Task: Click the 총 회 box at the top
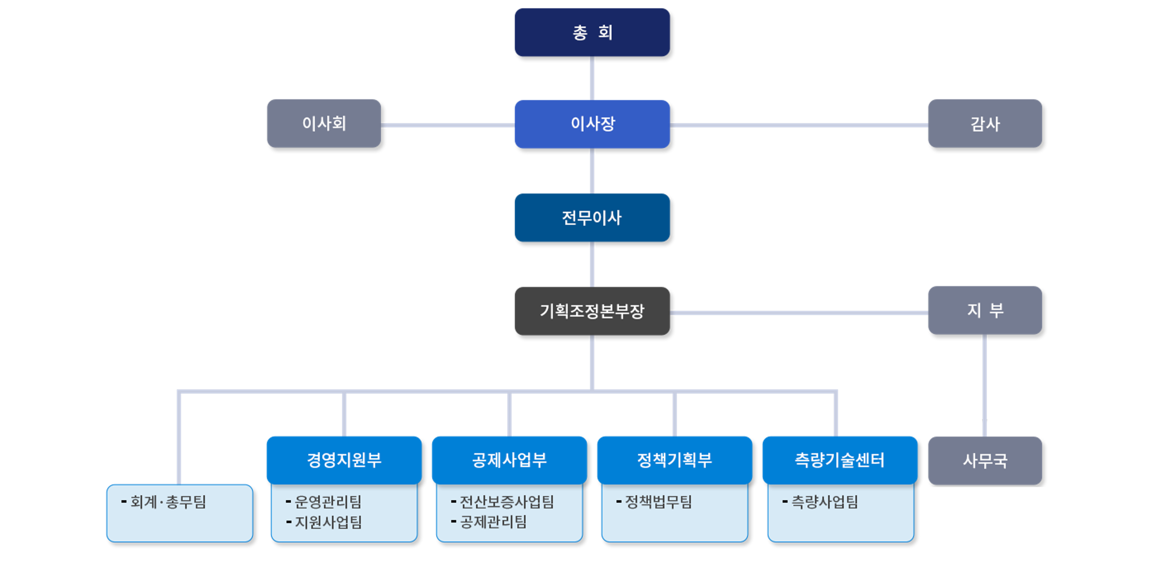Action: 592,32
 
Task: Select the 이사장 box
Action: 592,124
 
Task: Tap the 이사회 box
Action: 324,124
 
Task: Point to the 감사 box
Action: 985,124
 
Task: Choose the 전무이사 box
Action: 592,218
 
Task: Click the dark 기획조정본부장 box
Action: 592,311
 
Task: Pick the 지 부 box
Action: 985,310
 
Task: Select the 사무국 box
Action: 985,461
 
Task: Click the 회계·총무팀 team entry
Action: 164,501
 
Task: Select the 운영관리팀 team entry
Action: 324,501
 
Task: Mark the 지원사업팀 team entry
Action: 324,522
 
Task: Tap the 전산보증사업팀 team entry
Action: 503,501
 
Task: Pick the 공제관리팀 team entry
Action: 489,522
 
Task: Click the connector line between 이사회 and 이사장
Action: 448,125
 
